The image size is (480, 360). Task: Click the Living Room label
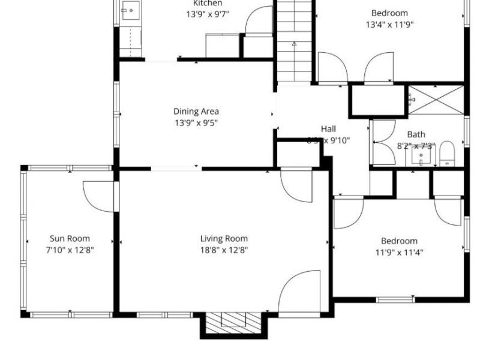pos(224,239)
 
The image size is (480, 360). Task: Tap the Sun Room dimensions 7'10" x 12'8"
pos(70,250)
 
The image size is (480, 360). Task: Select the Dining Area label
pos(196,111)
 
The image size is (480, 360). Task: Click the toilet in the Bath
pos(447,154)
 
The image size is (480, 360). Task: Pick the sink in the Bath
pos(421,157)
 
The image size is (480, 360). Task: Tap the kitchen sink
pos(130,10)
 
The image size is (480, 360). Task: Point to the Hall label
pos(328,129)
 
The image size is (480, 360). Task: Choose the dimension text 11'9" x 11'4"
pos(399,253)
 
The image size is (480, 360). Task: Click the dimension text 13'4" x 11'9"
pos(389,25)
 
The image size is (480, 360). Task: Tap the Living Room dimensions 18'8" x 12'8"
pos(224,250)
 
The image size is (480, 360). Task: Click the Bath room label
pos(416,135)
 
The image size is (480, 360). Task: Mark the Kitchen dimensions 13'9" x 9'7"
pos(208,14)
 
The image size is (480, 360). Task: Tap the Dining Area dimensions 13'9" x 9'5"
pos(196,123)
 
